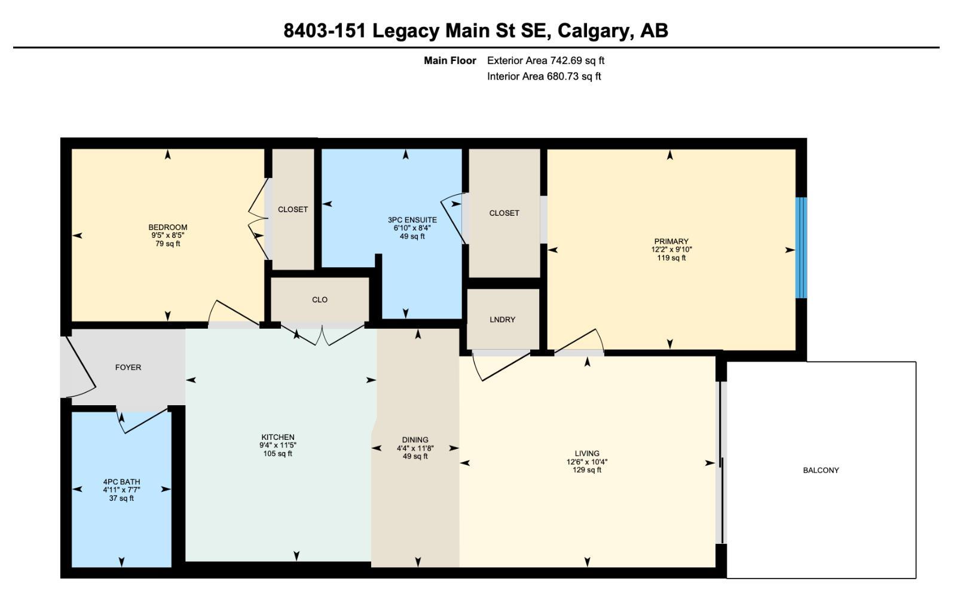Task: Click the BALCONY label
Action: [820, 470]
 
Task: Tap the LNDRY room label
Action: [502, 320]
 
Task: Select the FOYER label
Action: [128, 368]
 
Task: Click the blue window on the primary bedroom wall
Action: [801, 247]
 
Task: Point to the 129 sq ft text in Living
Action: [587, 470]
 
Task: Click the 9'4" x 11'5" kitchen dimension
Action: [277, 445]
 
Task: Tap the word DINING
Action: [415, 440]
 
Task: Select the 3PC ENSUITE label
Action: [412, 220]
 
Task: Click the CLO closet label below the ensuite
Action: [320, 300]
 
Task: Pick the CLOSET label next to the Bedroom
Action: [293, 210]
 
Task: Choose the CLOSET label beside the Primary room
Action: [504, 213]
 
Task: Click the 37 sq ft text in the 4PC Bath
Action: [121, 498]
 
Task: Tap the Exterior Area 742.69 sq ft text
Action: [545, 60]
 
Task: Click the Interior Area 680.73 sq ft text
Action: [543, 76]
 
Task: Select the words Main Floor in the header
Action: [450, 60]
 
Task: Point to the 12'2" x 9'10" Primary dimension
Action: [671, 250]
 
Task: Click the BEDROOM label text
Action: [167, 227]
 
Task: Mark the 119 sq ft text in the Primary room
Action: [671, 258]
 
